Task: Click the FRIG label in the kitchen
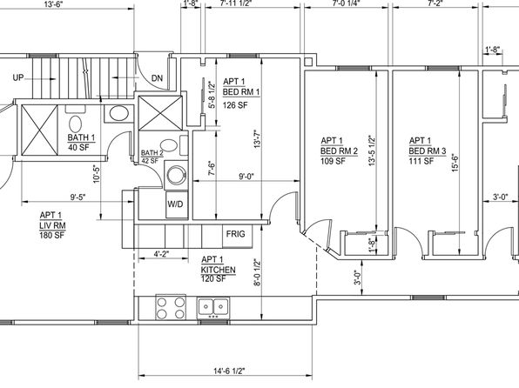(236, 234)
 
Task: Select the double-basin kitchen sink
(213, 308)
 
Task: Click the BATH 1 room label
(81, 137)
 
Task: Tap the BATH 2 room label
(152, 153)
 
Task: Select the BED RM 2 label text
(339, 151)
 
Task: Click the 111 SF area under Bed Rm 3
(421, 161)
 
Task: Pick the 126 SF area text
(235, 105)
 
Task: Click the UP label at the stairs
(18, 77)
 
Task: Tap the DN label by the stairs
(158, 78)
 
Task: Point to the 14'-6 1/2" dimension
(229, 371)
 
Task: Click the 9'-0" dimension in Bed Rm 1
(246, 177)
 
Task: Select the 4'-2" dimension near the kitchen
(161, 254)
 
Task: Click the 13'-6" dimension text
(53, 4)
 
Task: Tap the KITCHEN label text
(218, 270)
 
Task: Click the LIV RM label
(52, 225)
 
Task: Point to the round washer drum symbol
(177, 176)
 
